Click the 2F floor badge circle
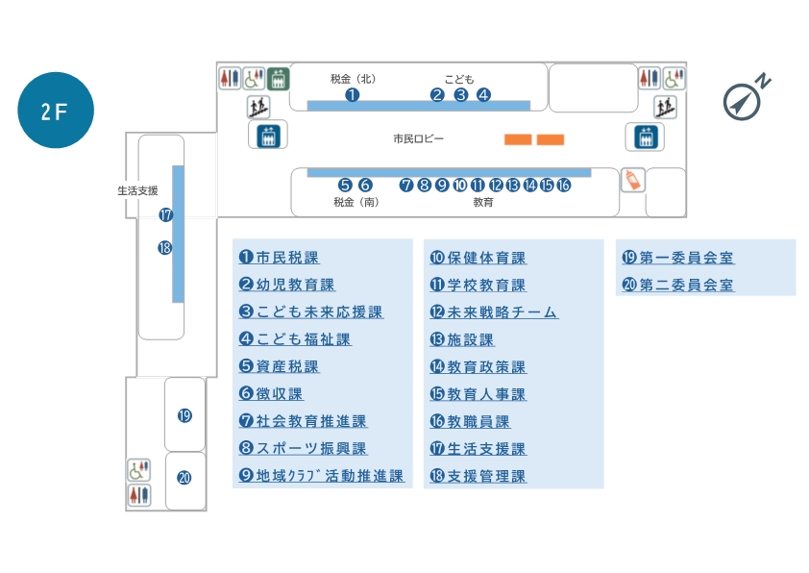point(56,111)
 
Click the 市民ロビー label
point(418,139)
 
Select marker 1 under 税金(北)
point(353,94)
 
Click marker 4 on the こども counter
point(483,94)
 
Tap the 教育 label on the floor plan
point(483,202)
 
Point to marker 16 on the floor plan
point(564,185)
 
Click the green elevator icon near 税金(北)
point(278,78)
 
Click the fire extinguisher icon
point(632,180)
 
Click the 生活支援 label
point(137,190)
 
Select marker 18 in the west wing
point(165,247)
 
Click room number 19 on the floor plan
point(184,415)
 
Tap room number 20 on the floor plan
point(184,476)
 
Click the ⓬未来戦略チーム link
point(494,312)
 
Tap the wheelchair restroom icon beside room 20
point(139,470)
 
